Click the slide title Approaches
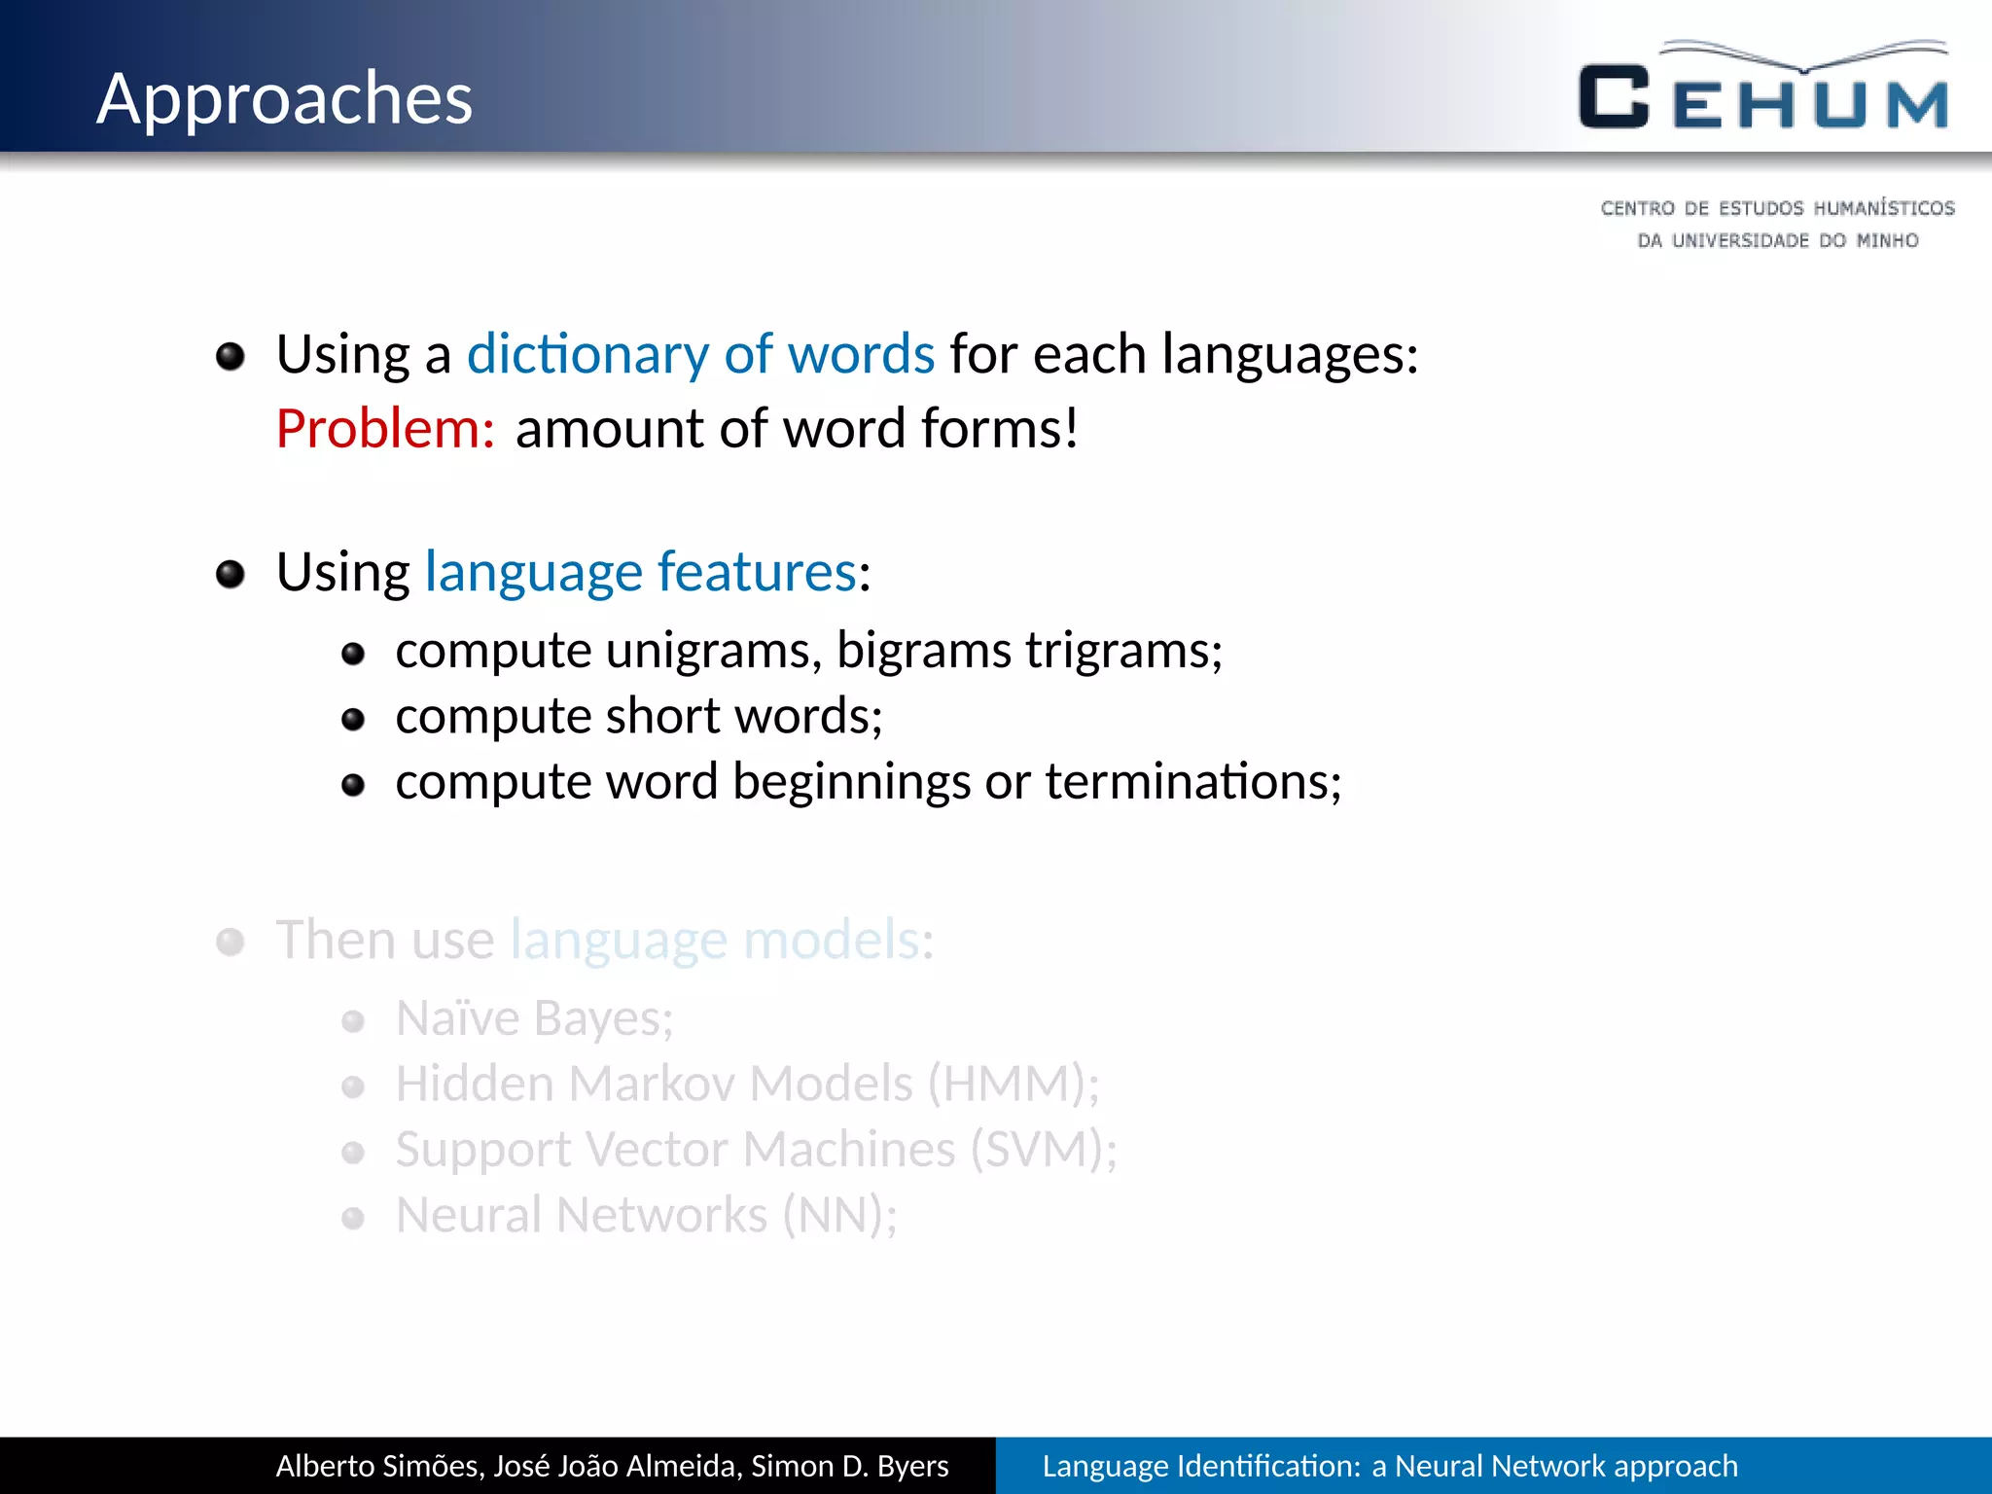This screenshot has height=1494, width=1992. [284, 99]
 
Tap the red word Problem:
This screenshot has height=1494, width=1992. [385, 429]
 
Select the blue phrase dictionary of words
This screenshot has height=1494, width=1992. [700, 354]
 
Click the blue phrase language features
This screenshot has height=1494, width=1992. [641, 572]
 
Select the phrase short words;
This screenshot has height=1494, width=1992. [744, 717]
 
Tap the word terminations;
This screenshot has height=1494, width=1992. [1193, 782]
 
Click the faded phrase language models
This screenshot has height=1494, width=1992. [715, 941]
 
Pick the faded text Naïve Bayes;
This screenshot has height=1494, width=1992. [534, 1019]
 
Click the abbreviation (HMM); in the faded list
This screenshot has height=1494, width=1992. [1013, 1085]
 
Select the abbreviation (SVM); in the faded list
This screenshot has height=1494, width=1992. [1044, 1150]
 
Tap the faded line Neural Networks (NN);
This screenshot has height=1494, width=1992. [646, 1216]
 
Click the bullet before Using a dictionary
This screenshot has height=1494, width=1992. [231, 357]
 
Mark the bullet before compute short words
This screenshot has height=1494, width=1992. [353, 720]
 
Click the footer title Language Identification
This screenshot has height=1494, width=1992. [1200, 1466]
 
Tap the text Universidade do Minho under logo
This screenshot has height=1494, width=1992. [1777, 240]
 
